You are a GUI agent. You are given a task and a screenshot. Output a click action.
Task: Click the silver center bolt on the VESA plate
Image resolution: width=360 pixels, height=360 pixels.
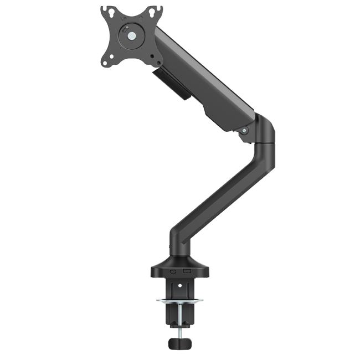[132, 36]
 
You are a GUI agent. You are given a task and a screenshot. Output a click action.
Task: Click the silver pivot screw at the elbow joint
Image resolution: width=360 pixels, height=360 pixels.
[244, 131]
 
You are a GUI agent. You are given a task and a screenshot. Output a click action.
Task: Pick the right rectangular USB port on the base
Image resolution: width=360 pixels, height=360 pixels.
[187, 271]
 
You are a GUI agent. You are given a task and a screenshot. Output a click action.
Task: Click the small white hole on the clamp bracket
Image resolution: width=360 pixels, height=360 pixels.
[178, 286]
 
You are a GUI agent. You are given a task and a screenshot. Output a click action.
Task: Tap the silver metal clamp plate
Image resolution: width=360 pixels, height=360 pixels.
[179, 301]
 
